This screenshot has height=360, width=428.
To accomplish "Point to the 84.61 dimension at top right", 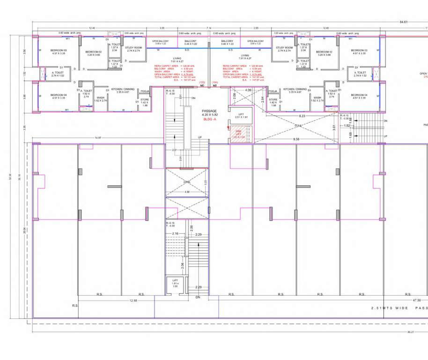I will point(403,22).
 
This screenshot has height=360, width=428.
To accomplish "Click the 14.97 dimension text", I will point(98,137).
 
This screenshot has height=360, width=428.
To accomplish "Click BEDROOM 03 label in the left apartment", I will point(59,52).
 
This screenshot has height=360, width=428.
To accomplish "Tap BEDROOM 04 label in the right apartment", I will point(359,96).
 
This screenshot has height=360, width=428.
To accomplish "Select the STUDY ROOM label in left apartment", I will point(133,49).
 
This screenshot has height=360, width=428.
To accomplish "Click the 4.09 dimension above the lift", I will point(248,90).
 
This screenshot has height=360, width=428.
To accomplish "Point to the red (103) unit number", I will point(202,82).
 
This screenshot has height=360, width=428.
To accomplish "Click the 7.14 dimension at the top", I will point(209,28).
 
